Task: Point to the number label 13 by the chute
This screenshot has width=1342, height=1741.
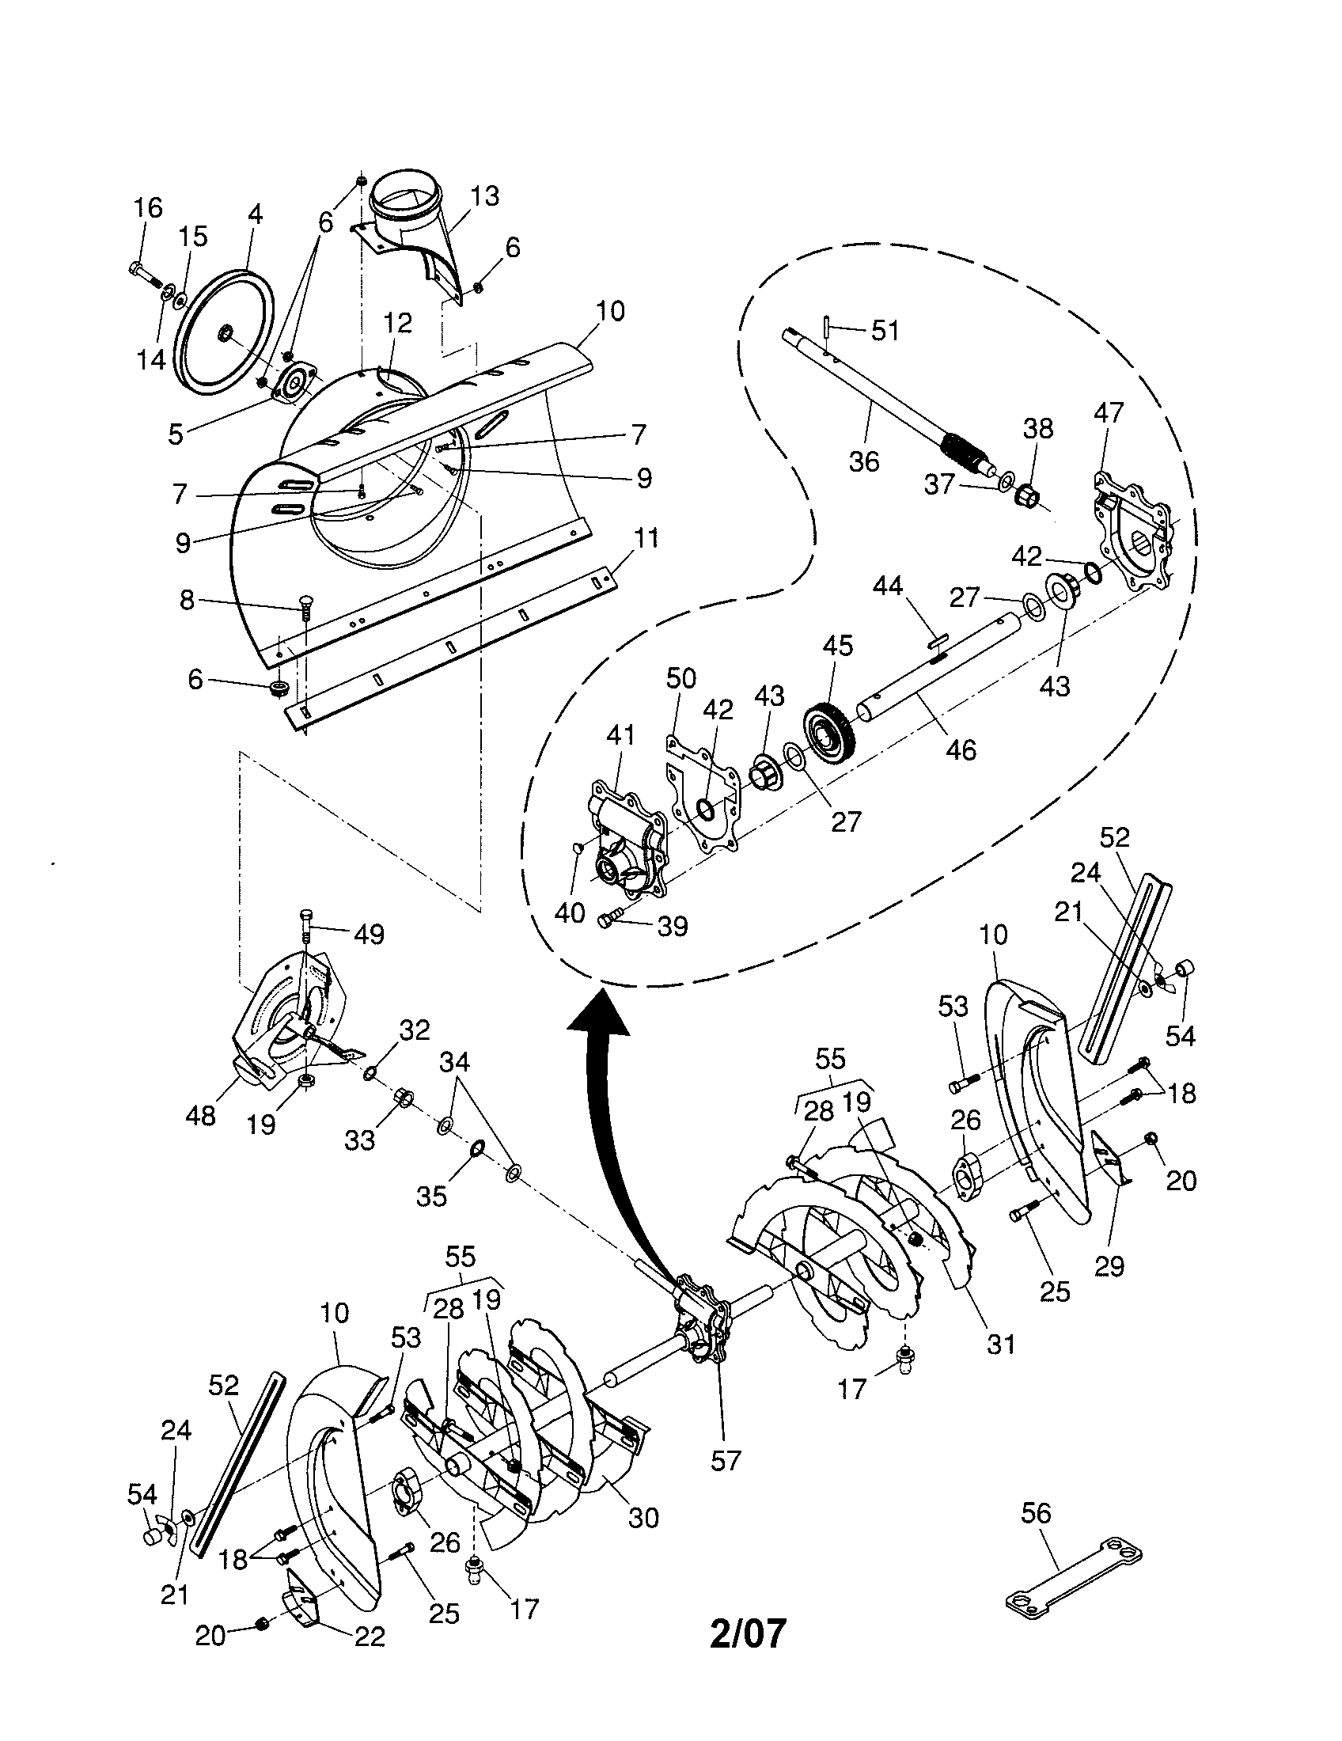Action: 484,196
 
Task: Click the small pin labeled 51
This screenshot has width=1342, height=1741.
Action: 828,327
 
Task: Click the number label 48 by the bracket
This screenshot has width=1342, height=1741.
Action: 200,1116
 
